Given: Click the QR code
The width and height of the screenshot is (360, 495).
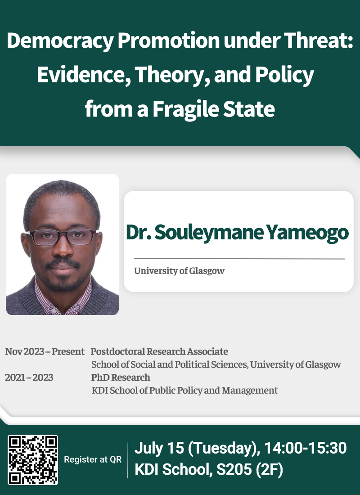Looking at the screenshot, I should [x=33, y=459].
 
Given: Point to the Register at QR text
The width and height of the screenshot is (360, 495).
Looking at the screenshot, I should [x=93, y=459].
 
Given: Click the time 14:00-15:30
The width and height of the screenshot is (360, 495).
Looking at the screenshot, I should [x=306, y=448].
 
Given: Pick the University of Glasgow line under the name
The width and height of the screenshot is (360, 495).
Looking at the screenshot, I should [x=179, y=271].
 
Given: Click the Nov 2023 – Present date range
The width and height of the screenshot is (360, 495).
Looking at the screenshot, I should [x=45, y=351].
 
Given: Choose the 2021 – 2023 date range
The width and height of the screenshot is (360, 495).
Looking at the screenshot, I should [x=29, y=378].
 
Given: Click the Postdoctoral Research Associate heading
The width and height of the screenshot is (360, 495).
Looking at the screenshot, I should [x=159, y=351].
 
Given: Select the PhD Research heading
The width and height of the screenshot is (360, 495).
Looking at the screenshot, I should [x=121, y=378].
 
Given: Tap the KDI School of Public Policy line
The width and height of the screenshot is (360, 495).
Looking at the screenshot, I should [x=184, y=390].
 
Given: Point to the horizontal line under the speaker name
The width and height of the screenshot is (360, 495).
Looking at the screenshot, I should [x=239, y=259].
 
